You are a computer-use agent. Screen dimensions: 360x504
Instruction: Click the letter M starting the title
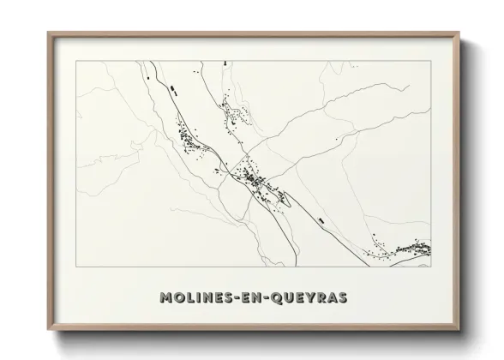pos(166,297)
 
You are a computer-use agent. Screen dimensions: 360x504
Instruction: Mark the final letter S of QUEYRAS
pos(340,297)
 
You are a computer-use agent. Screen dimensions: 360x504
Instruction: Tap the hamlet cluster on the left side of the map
pos(187,137)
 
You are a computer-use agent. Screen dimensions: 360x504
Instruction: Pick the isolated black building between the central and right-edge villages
pos(321,220)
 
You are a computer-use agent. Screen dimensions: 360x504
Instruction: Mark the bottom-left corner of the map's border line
pos(77,267)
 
